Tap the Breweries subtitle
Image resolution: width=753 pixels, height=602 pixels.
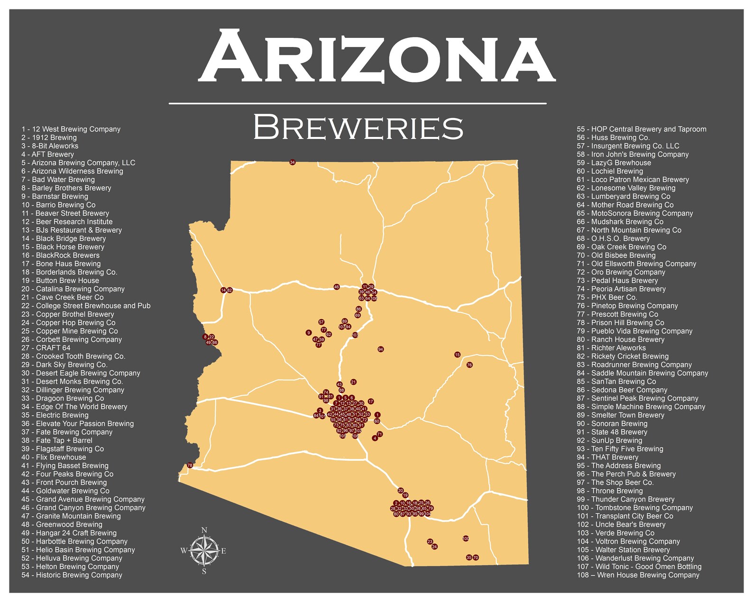coord(358,127)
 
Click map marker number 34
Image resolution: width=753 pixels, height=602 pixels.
coord(293,163)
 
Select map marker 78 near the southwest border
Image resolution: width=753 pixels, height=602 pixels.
coord(190,465)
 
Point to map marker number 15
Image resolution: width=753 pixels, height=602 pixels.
coord(457,355)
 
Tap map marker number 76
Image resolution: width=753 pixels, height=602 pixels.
coord(469,365)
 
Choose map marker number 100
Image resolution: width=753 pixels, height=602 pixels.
coord(466,538)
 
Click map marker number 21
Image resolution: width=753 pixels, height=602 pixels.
coord(353,382)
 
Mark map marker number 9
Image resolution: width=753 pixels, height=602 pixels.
coord(309,333)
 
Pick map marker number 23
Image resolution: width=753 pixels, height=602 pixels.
coord(430,541)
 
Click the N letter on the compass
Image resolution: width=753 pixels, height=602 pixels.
coord(204,530)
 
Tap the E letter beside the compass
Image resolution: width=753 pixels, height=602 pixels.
coord(223,551)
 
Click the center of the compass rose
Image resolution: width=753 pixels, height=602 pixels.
coord(204,550)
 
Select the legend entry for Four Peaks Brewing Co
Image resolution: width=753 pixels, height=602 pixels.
coord(67,474)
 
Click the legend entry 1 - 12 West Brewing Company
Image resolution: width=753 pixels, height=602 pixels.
coord(71,129)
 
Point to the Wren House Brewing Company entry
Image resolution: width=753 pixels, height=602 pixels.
coord(638,575)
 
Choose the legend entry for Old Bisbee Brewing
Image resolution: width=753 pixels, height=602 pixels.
coord(616,255)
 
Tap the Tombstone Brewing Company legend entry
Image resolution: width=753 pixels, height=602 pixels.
coord(634,508)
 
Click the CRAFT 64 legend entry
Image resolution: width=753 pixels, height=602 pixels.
coord(46,348)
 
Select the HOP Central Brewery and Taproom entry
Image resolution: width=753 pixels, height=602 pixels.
coord(641,129)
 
